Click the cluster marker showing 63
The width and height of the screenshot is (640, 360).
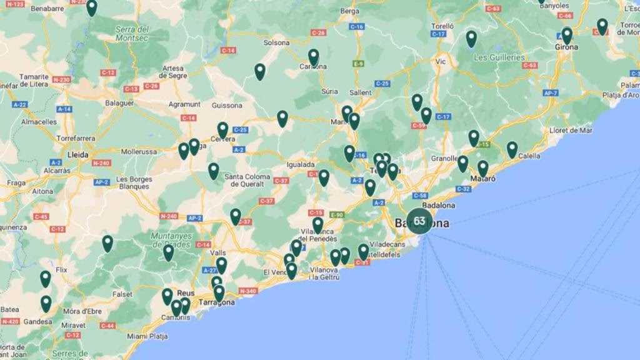point(419,221)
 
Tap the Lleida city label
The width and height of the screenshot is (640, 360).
point(78,154)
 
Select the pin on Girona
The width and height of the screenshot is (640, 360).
point(567,35)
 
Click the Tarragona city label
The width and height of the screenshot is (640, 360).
point(216,302)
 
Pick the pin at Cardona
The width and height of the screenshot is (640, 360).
point(314,57)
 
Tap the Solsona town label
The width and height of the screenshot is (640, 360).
point(277,42)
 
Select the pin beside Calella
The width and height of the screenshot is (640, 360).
point(512,149)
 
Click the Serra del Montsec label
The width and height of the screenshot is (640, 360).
point(132,34)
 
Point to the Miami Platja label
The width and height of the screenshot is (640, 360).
point(147,336)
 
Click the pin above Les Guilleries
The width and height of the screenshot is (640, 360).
point(471,39)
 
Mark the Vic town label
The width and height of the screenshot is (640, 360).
point(441,62)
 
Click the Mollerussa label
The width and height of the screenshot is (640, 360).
point(138,152)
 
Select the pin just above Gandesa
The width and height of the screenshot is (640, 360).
point(46,303)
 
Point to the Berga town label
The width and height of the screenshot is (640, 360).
point(349,11)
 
